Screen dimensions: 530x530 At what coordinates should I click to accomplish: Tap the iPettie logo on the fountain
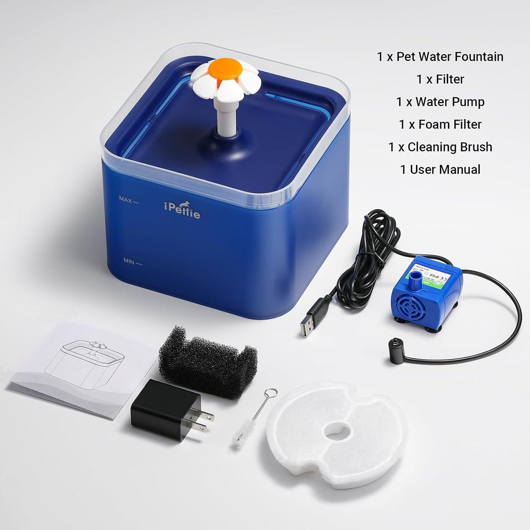coord(182,211)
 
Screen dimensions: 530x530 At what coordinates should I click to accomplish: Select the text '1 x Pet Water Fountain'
coord(440,57)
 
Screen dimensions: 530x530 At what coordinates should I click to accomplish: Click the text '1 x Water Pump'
coord(440,102)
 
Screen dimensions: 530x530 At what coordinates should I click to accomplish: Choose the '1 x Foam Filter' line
coord(440,124)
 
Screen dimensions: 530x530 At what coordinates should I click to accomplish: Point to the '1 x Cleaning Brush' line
coord(440,147)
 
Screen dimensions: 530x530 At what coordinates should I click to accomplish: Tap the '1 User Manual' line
coord(440,170)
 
